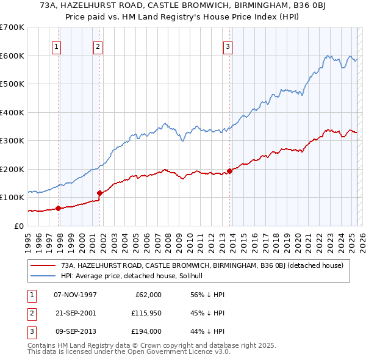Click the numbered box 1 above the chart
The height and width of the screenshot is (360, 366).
pyautogui.click(x=56, y=45)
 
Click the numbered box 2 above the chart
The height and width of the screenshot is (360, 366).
pyautogui.click(x=98, y=45)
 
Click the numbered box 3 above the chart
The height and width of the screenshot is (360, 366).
pyautogui.click(x=228, y=45)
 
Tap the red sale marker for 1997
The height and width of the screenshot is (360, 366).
pyautogui.click(x=59, y=208)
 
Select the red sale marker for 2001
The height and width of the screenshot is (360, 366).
pyautogui.click(x=99, y=193)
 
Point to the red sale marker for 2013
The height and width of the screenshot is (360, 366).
pyautogui.click(x=229, y=171)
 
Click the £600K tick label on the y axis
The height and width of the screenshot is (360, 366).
pyautogui.click(x=12, y=56)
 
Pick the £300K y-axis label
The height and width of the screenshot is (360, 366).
pyautogui.click(x=12, y=140)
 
